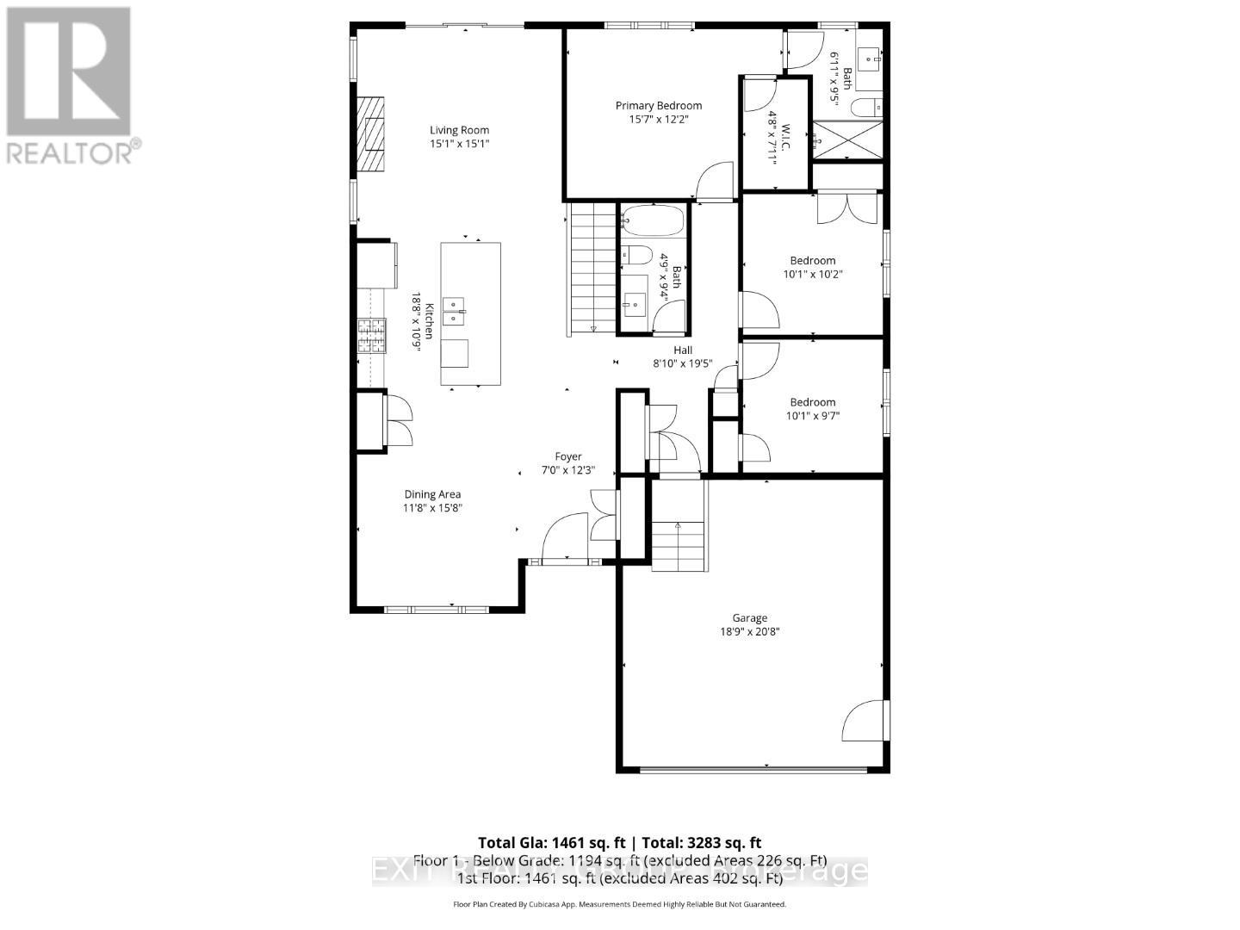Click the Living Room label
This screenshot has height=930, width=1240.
pos(460,130)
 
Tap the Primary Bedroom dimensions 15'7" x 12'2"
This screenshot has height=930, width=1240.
pos(658,120)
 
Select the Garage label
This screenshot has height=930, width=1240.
pos(749,617)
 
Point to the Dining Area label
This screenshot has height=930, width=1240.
pos(432,494)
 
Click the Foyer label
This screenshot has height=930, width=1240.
pos(567,456)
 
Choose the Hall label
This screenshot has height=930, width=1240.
pos(683,350)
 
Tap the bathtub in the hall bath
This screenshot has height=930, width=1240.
pos(653,220)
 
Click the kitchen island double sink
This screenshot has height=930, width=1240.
pos(454,311)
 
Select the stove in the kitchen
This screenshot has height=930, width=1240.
pos(372,336)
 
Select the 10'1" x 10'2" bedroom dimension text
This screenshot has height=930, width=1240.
pos(812,275)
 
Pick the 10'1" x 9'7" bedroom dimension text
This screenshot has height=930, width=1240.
pos(812,416)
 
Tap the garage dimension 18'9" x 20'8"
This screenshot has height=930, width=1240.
pos(749,631)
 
